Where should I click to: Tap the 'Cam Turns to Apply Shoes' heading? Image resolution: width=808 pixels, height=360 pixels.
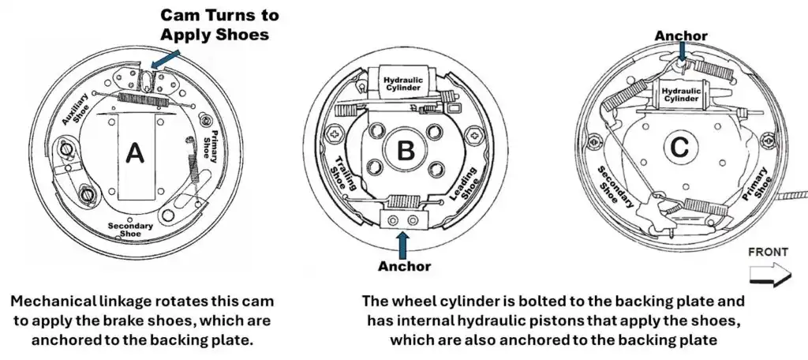[219, 24]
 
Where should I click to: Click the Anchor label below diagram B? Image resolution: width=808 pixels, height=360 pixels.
[403, 265]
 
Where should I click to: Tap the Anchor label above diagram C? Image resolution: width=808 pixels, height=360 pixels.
[681, 36]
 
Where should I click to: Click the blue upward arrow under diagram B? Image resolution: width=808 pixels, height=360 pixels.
[403, 242]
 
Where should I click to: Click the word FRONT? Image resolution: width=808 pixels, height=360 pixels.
[768, 252]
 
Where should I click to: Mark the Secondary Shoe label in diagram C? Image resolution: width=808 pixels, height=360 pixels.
[616, 187]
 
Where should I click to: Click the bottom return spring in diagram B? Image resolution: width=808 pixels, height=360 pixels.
[404, 202]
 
